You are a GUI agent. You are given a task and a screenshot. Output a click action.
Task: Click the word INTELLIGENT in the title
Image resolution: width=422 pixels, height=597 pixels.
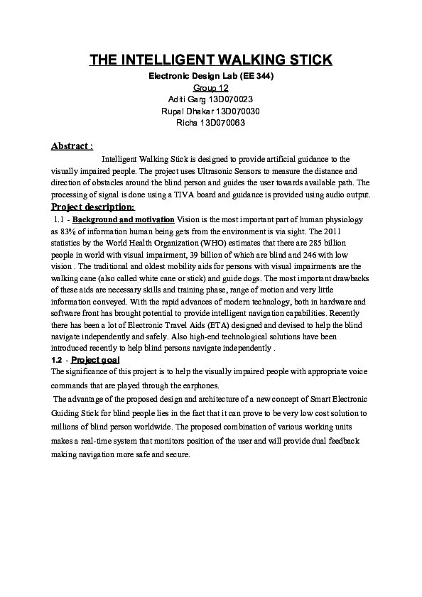[x=167, y=60]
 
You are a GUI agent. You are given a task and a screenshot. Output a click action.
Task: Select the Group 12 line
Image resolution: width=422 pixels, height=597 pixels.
[x=210, y=87]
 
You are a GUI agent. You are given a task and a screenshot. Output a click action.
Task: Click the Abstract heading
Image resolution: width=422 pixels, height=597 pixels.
[x=72, y=146]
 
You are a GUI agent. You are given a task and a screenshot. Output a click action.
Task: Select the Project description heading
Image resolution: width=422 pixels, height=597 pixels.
[x=92, y=207]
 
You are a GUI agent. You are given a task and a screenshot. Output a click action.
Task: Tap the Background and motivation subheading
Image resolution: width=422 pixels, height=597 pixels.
[x=124, y=220]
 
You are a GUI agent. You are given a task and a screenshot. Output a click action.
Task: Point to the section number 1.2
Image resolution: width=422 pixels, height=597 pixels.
[x=58, y=361]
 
